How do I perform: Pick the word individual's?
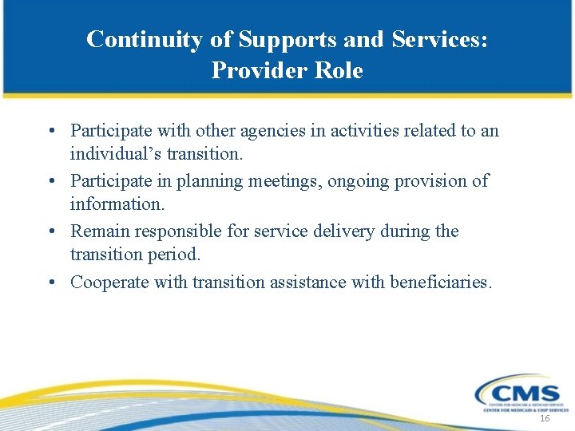117,152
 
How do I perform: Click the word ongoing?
358,181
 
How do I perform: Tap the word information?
117,204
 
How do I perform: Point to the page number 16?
545,419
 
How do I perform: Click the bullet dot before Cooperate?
51,283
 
